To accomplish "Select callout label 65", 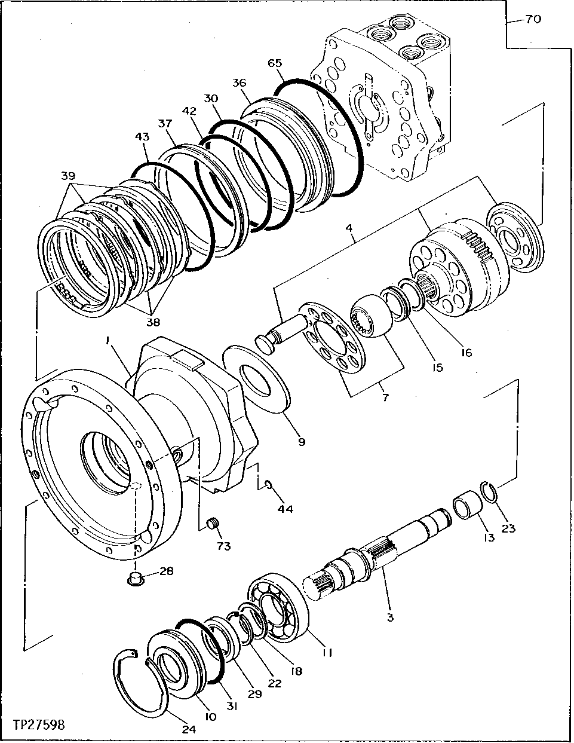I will [x=275, y=63].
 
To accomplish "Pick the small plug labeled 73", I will [x=211, y=524].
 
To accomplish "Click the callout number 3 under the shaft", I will [x=390, y=617].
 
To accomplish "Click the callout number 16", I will [x=466, y=353].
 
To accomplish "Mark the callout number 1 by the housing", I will [x=108, y=340].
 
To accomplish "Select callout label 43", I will [x=142, y=137].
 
